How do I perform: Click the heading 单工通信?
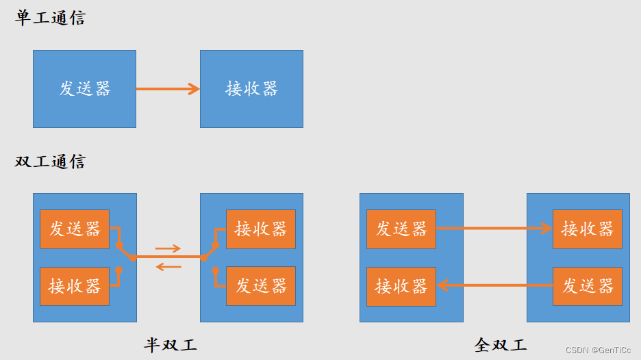[50, 18]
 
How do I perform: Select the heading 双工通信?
[50, 162]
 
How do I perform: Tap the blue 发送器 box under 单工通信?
[84, 88]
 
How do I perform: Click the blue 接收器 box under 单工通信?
[251, 88]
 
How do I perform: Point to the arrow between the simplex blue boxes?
[168, 89]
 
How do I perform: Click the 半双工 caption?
[171, 344]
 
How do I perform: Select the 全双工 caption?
[501, 344]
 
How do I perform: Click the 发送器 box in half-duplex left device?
[75, 229]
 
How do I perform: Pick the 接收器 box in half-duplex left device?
[75, 285]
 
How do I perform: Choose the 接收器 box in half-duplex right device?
[261, 229]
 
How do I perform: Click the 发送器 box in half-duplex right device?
[261, 285]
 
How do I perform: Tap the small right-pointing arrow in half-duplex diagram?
[168, 248]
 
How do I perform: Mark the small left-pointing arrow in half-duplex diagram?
[168, 266]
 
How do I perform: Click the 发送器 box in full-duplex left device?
[401, 229]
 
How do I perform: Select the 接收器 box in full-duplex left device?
[401, 285]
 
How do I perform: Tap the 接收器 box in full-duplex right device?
[588, 229]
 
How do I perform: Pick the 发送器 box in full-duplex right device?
[588, 285]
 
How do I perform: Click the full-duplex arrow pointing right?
[494, 229]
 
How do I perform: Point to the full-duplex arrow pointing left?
[494, 285]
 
